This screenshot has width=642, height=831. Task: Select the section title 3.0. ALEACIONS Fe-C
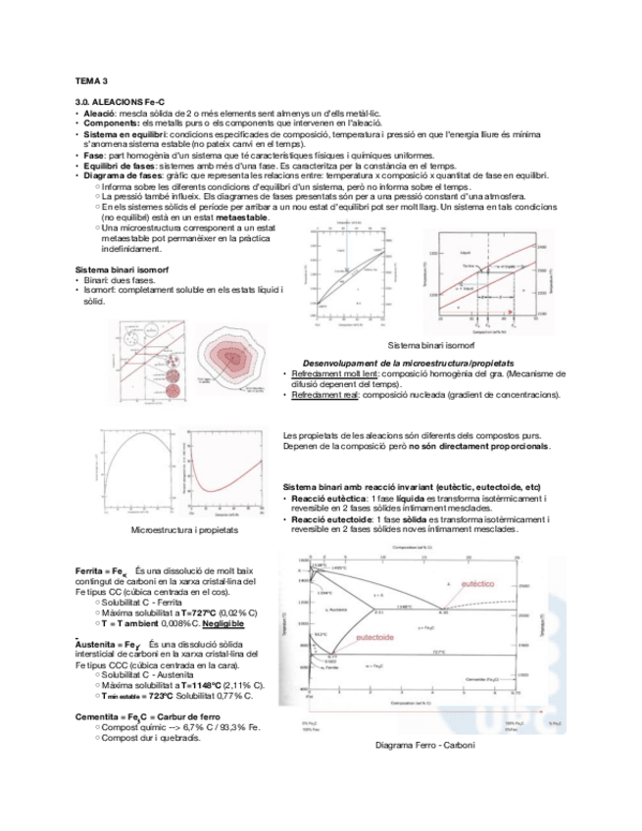[x=117, y=102]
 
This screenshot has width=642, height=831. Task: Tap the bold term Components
[x=110, y=123]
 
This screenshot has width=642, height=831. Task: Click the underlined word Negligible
[x=223, y=623]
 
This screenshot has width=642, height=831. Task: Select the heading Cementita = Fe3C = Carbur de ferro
[x=140, y=717]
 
